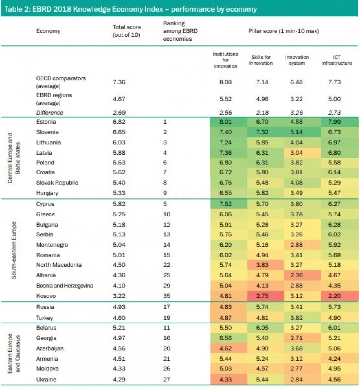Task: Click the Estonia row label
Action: point(46,122)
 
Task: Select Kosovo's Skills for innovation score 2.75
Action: point(262,296)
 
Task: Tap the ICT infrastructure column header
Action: point(337,60)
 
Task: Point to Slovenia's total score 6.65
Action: point(119,132)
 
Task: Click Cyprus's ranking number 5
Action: point(165,204)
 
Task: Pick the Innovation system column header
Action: point(297,60)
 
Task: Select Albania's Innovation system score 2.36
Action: point(296,275)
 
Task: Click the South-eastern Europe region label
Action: point(14,250)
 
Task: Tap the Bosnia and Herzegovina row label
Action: point(65,285)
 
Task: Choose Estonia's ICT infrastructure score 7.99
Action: point(334,122)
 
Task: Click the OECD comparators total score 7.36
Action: point(119,82)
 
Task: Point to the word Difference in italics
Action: point(49,113)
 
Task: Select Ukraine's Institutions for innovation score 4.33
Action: point(225,379)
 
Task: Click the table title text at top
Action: point(130,9)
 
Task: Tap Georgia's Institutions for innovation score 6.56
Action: point(225,338)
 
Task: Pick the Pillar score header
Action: point(283,31)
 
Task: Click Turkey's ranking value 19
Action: point(166,318)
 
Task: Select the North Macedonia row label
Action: point(59,265)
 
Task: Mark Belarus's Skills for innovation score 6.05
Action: point(262,328)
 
